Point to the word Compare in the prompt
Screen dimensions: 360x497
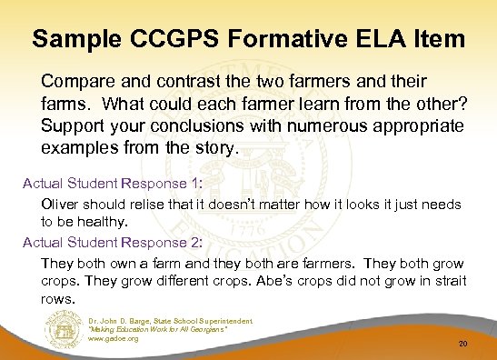click(x=75, y=74)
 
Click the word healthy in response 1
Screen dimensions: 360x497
click(x=112, y=219)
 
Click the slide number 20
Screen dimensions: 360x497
click(x=463, y=344)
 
